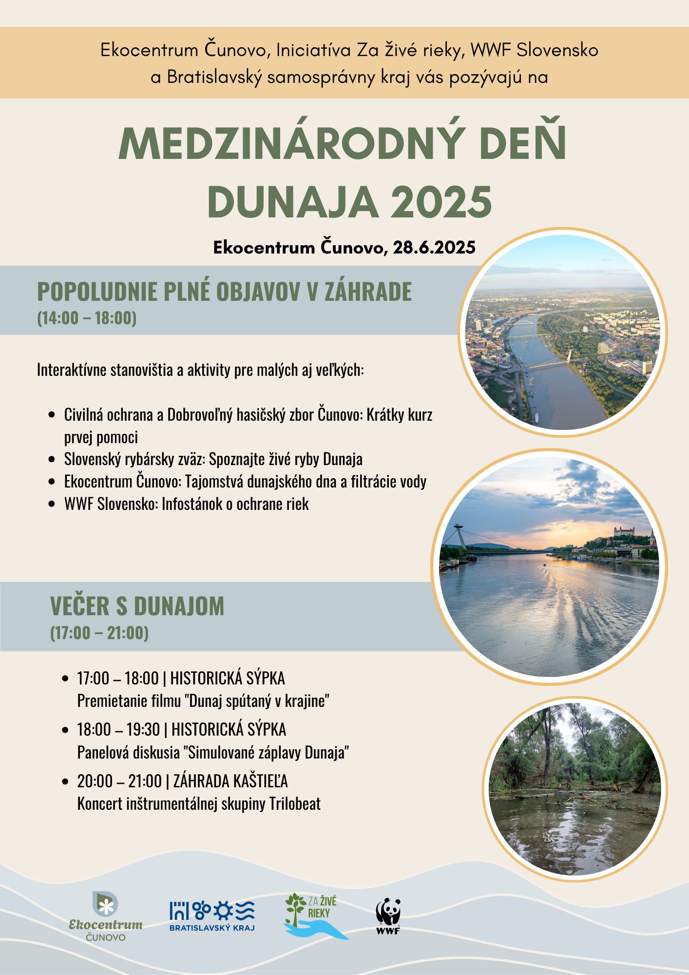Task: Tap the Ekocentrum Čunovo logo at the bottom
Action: point(106,917)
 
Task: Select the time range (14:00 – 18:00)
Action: point(87,318)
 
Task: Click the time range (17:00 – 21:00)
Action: point(99,633)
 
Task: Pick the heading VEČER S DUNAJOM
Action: point(137,606)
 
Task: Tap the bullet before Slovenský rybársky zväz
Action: point(52,459)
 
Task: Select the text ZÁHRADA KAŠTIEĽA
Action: point(230,781)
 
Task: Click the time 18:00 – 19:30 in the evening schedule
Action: point(118,730)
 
